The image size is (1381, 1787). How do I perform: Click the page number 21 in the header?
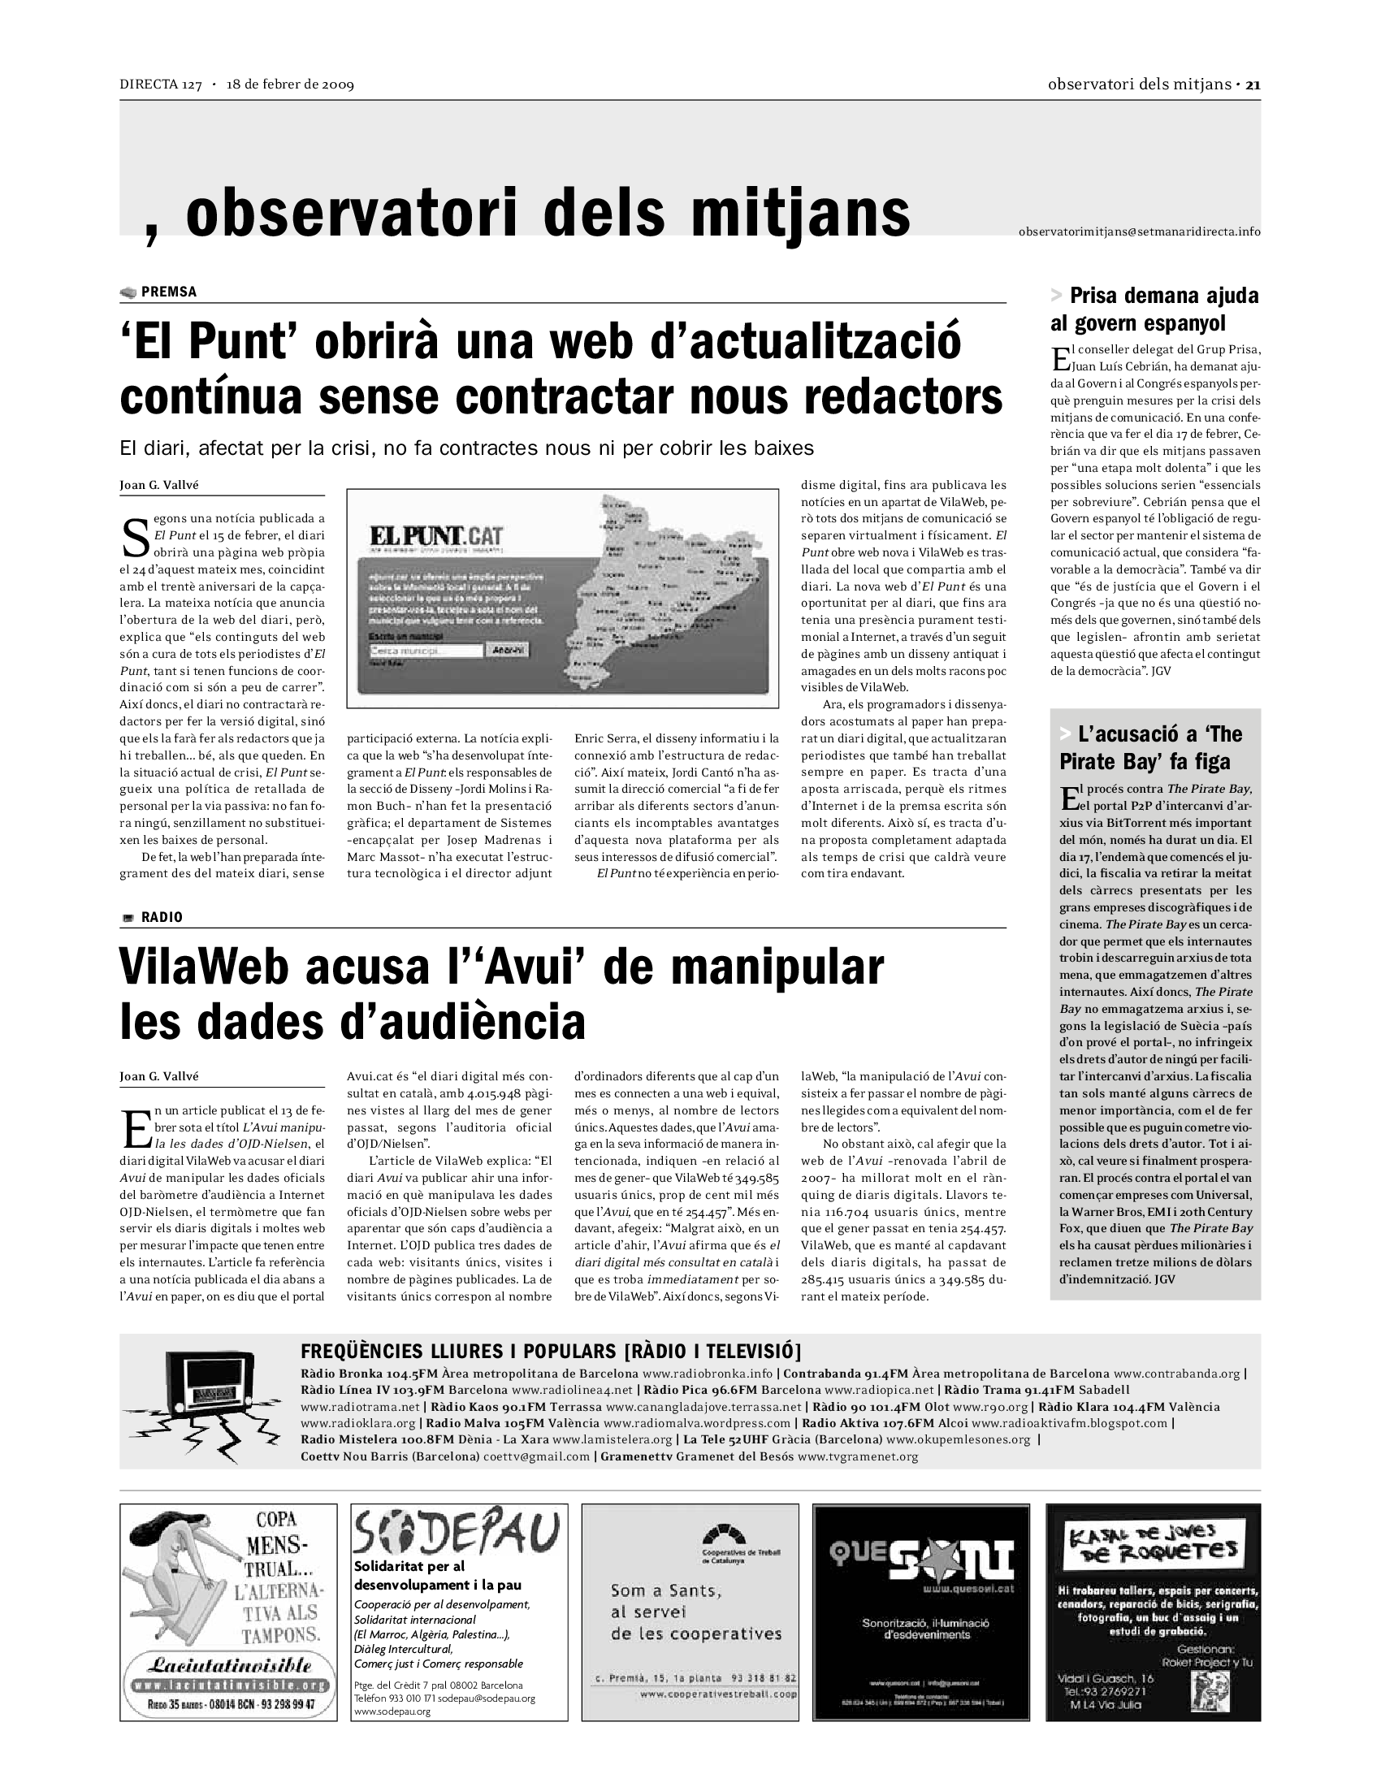click(1253, 84)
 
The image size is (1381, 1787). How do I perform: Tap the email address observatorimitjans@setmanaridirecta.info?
click(1139, 231)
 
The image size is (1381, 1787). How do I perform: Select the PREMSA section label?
click(168, 292)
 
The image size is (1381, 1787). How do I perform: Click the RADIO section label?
click(161, 917)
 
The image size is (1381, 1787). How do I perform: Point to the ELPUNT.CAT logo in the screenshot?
click(436, 537)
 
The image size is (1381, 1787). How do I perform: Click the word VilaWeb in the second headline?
click(204, 967)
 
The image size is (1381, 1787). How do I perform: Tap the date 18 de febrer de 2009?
click(291, 84)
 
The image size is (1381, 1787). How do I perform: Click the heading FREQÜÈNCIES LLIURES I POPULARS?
click(552, 1351)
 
